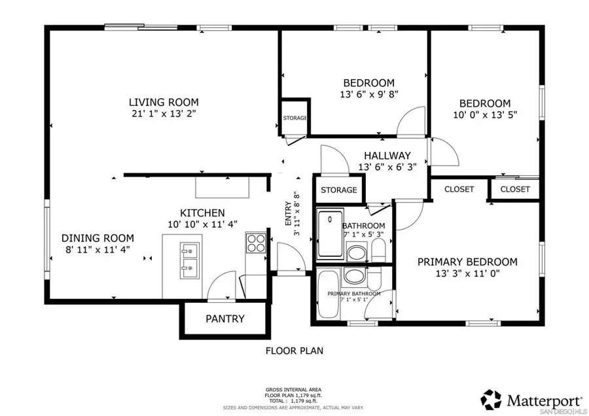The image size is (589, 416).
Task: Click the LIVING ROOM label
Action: (163, 102)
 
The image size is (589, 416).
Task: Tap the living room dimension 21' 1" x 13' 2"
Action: (163, 113)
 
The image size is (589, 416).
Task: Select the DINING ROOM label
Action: (98, 238)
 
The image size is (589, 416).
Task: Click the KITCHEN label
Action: (202, 213)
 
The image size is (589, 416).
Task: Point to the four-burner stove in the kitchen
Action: (255, 243)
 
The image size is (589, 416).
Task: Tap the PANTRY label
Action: (224, 319)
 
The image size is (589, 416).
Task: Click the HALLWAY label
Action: (387, 156)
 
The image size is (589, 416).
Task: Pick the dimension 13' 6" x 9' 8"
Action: (369, 94)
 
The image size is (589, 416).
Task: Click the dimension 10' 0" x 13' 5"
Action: (484, 114)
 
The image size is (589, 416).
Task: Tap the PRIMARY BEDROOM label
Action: (467, 262)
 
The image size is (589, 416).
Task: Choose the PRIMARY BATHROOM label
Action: (354, 294)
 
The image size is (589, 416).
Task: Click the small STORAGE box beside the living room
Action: (295, 118)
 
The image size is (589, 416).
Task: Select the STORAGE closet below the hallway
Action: (338, 190)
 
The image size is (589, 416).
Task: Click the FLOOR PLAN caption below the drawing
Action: (294, 351)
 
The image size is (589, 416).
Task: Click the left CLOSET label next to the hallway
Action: (459, 190)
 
